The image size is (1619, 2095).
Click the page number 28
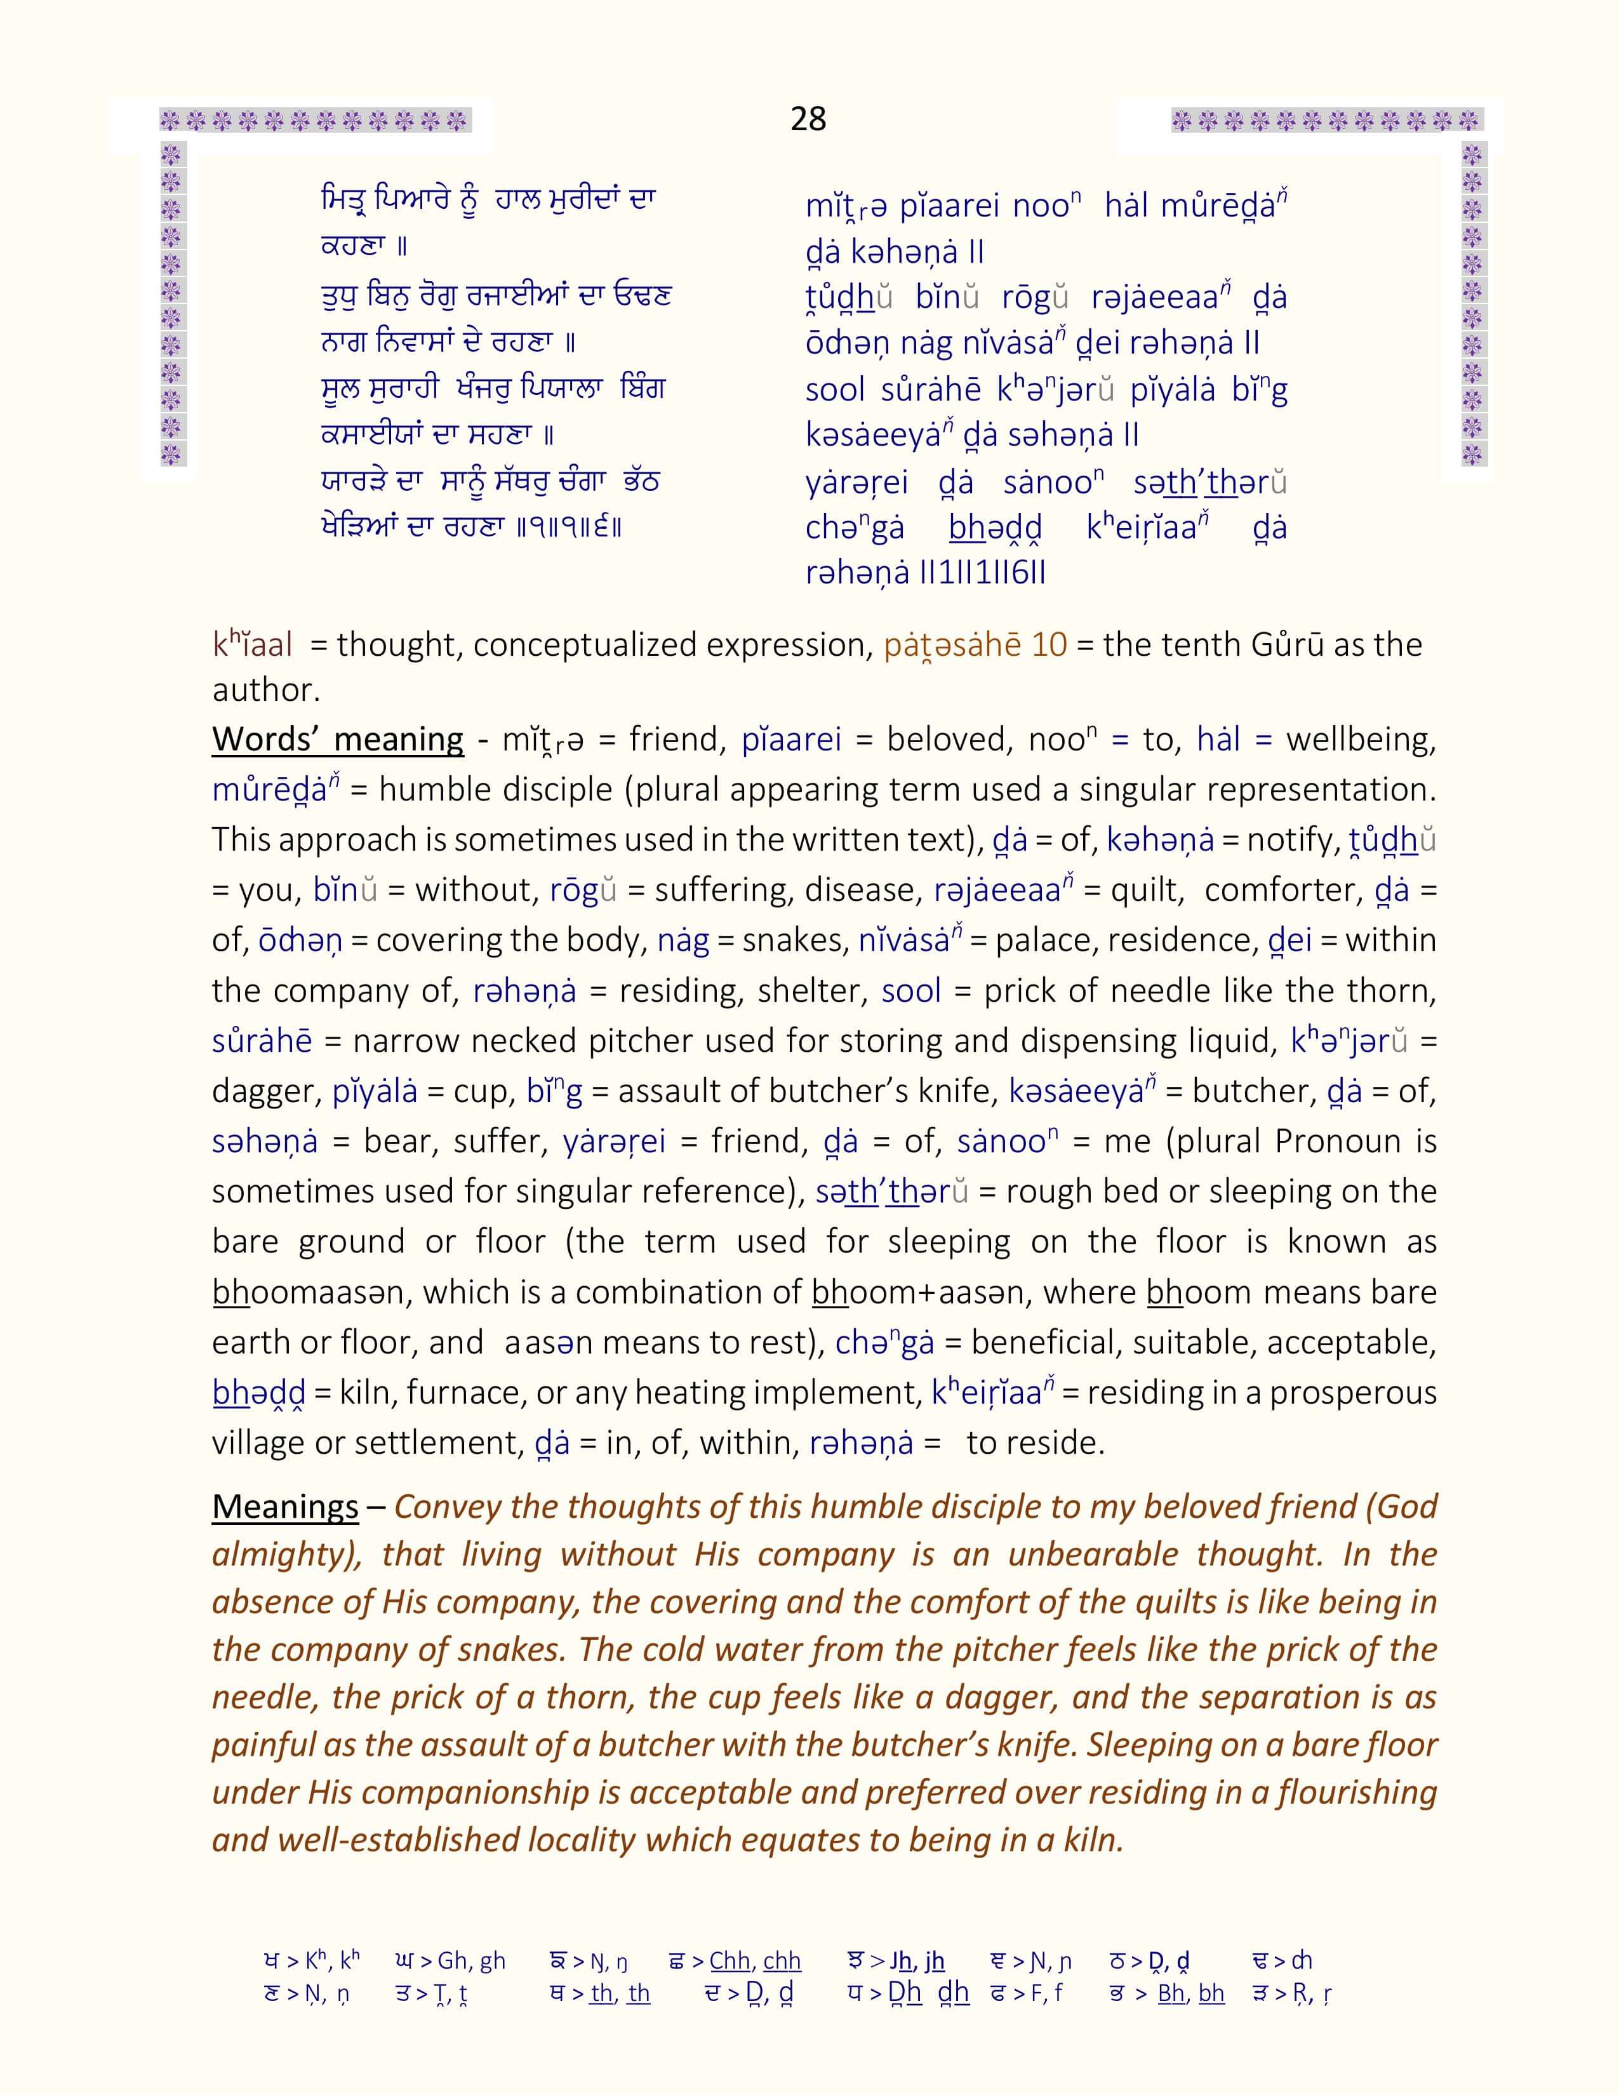[x=808, y=119]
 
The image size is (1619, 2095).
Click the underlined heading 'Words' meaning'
[x=338, y=740]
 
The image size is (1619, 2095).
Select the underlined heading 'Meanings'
[x=285, y=1507]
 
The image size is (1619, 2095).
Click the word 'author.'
[x=265, y=689]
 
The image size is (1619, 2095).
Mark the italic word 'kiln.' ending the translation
[x=1093, y=1840]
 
